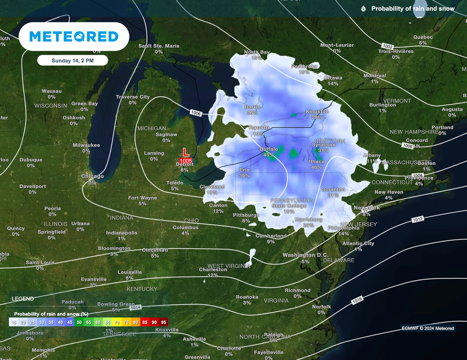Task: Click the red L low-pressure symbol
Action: pos(186,153)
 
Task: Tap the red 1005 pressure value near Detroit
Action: pos(186,161)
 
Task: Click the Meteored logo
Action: pos(74,36)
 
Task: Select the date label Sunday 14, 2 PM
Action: pos(73,60)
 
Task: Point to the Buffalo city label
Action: pos(269,149)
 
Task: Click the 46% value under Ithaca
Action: pos(316,167)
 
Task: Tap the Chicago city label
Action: pos(92,176)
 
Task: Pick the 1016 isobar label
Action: pos(357,301)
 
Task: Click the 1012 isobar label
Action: pos(418,219)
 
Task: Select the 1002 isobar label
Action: pos(387,46)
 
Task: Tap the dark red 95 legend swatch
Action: pos(164,322)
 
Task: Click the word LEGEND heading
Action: pos(22,299)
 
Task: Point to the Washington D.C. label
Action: pos(305,255)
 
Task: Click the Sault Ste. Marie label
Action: pos(159,46)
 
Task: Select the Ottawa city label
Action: pos(332,78)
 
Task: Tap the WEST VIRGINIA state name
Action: pos(228,266)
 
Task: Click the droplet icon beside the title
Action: pos(363,9)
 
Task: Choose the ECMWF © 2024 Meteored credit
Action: pos(428,328)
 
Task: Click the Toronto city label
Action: pos(259,128)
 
